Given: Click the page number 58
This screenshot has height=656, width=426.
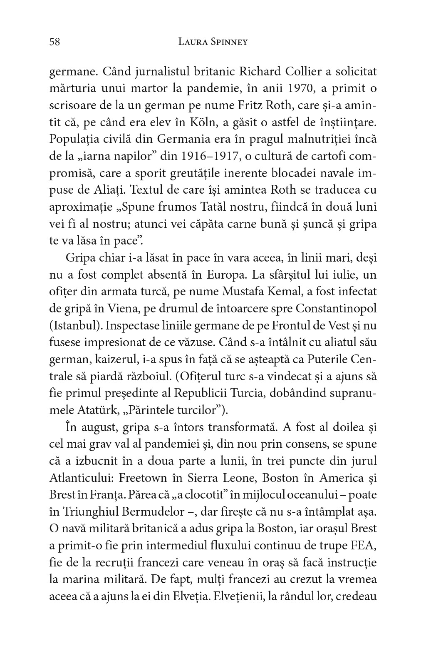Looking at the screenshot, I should point(55,42).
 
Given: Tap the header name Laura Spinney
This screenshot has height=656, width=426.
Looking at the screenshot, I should point(213,42).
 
